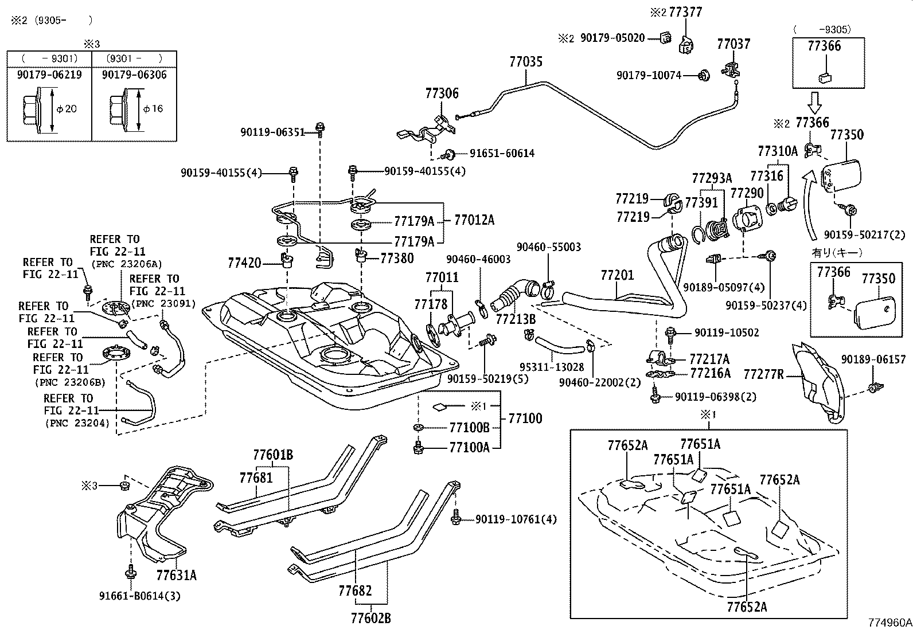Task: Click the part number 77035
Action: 525,61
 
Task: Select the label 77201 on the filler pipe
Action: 617,275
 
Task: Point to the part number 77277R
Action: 763,375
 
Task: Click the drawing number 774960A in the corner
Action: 889,623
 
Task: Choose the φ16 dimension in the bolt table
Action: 153,109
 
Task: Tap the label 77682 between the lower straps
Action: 354,590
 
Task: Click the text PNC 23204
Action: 77,423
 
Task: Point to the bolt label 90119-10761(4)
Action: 516,519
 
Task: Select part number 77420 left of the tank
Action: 244,263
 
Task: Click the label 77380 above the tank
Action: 396,259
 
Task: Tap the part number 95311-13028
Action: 551,367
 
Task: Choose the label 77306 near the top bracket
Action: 442,93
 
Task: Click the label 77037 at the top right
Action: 733,44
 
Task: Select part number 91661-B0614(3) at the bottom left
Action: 139,596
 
